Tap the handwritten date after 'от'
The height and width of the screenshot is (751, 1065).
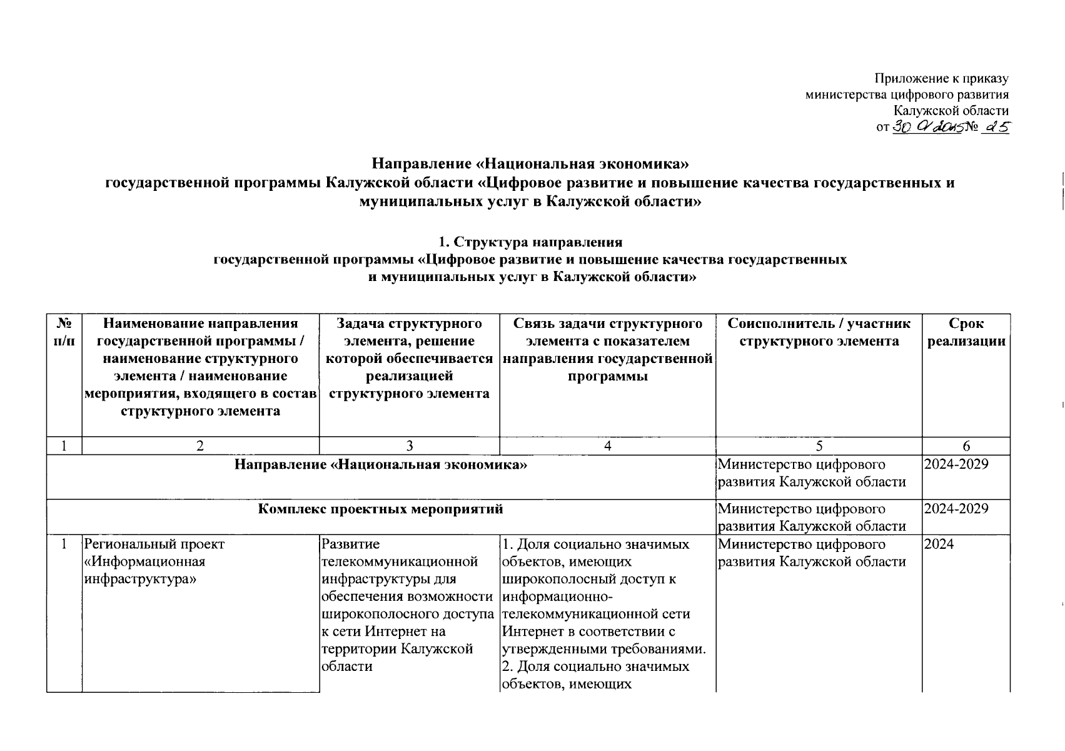coord(926,128)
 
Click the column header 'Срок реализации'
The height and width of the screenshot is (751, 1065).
coord(966,332)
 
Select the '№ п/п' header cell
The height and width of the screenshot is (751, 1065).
coord(64,332)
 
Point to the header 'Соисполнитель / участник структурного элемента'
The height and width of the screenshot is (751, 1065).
coord(819,332)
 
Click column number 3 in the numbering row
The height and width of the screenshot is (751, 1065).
coord(409,446)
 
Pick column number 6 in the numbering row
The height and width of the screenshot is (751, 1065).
coord(966,446)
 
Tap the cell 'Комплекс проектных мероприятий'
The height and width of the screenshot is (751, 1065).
coord(381,509)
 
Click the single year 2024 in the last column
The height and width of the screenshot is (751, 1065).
coord(939,544)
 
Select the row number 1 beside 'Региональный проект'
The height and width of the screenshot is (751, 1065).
coord(64,544)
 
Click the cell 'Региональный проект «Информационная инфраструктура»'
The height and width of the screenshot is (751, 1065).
coord(154,561)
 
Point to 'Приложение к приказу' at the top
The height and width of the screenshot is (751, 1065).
coord(941,78)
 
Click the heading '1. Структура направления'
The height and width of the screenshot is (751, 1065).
coord(531,242)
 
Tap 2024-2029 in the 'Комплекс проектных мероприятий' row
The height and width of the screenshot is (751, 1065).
coord(956,508)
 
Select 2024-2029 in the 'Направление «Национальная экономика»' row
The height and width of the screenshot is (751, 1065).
coord(956,464)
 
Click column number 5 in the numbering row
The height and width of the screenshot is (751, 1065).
coord(819,446)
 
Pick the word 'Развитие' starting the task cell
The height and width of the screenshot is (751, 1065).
coord(350,544)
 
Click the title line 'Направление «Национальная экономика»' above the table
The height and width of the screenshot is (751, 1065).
coord(530,164)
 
